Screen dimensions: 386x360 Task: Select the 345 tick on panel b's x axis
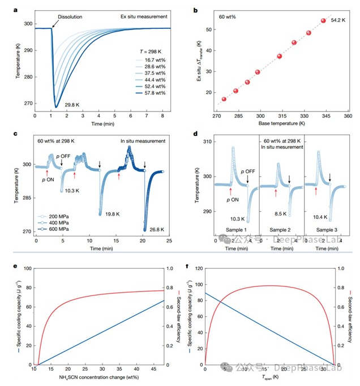(x=323, y=115)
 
